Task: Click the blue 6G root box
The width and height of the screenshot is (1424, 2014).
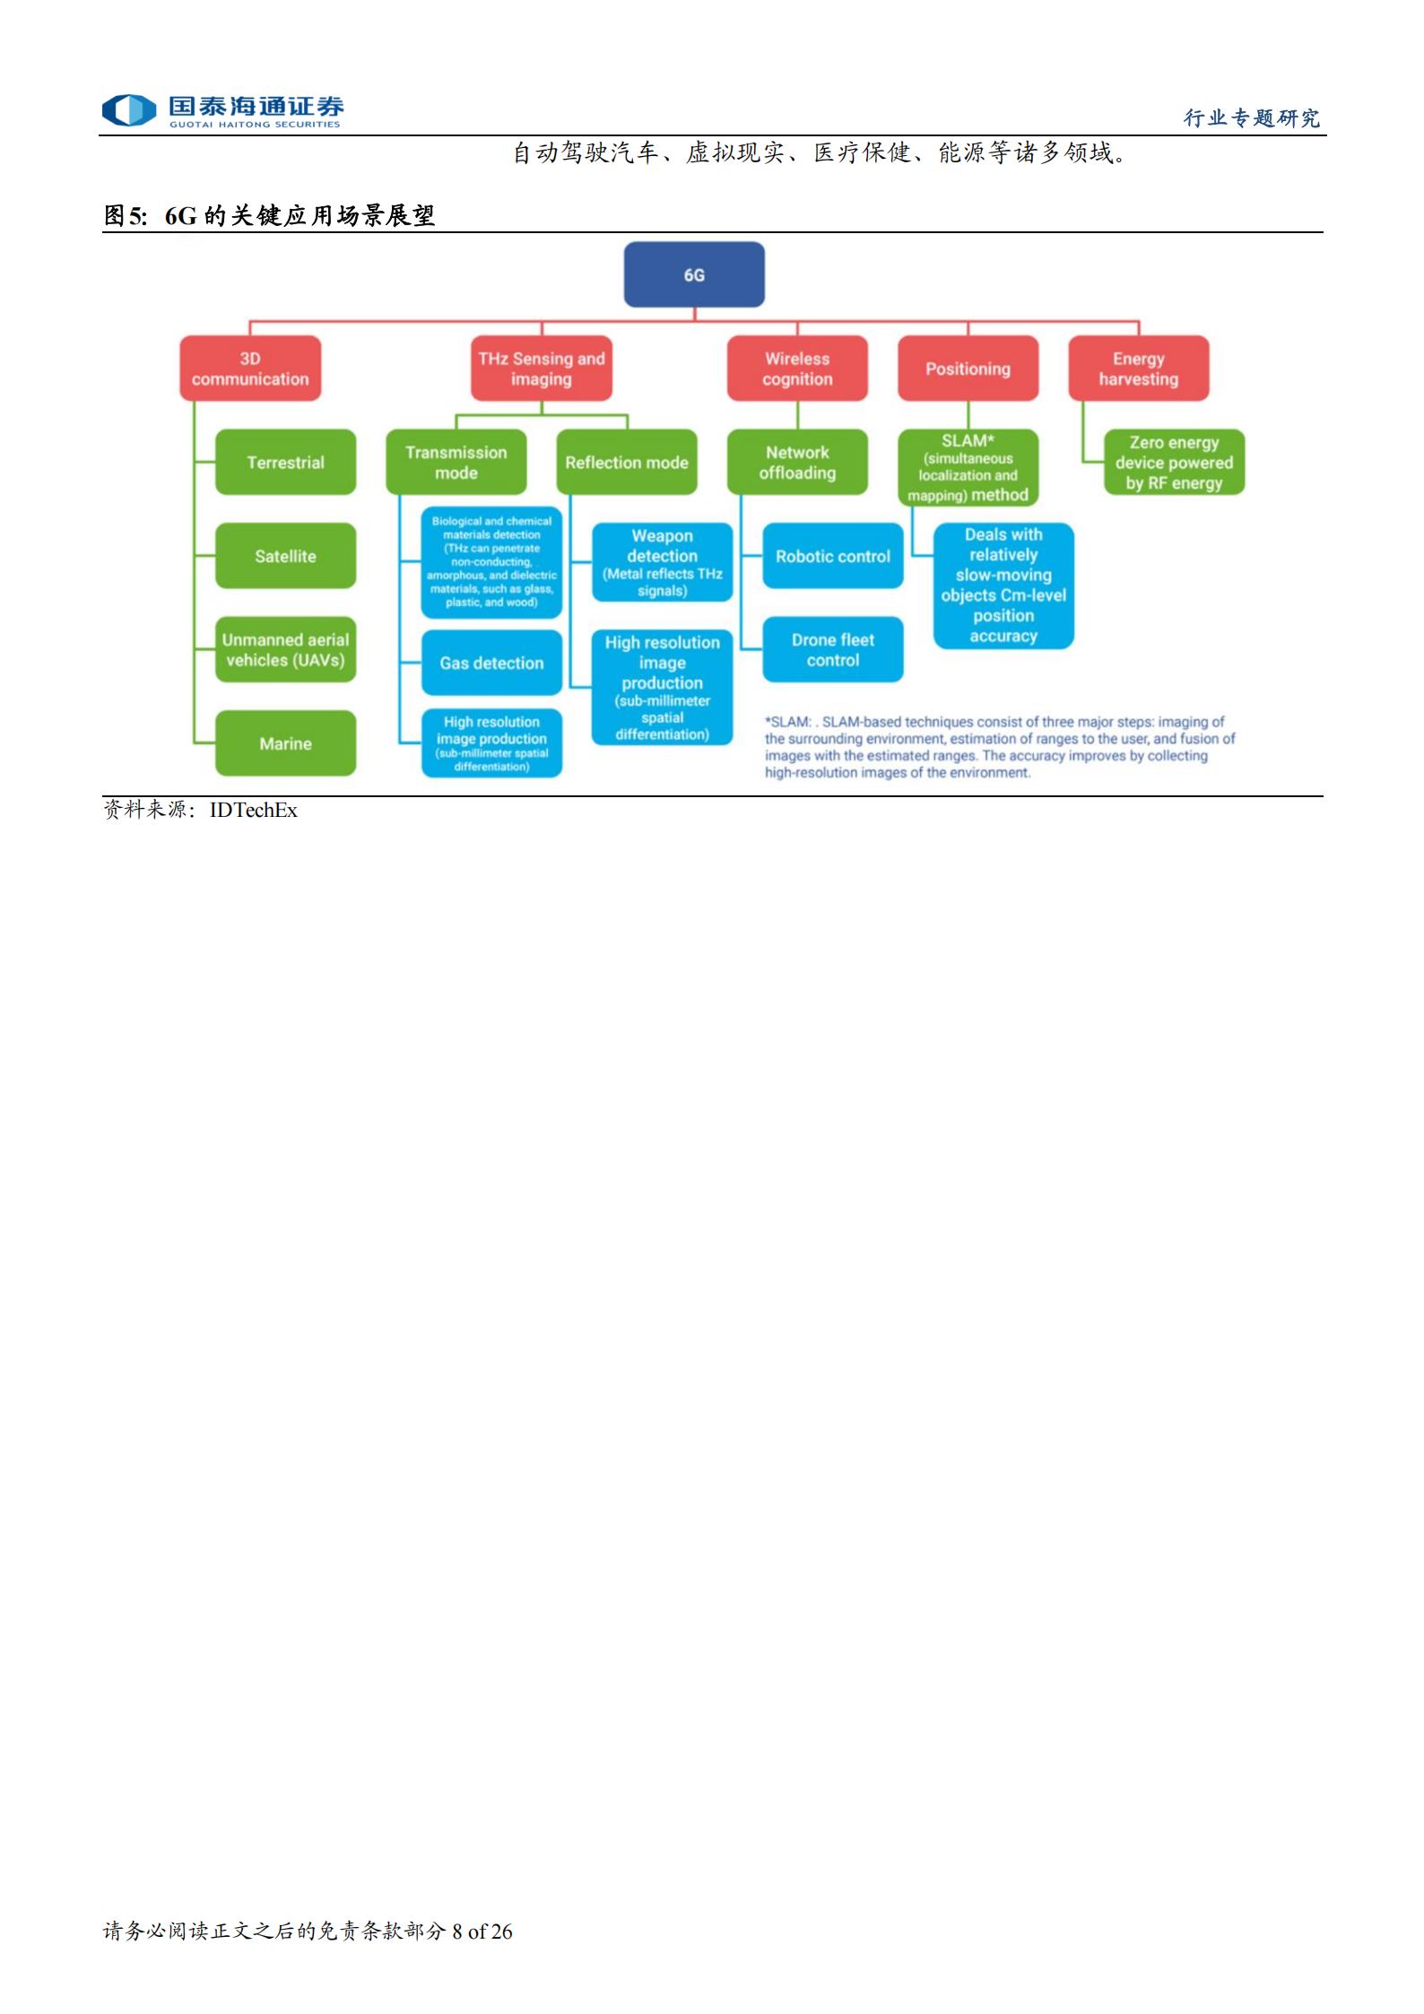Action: click(694, 274)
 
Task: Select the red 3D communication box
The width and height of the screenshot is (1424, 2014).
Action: click(250, 369)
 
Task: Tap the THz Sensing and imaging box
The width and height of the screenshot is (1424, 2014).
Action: click(542, 369)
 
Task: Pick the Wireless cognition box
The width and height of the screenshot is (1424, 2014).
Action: click(797, 369)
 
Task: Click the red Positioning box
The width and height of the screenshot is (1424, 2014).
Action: click(968, 369)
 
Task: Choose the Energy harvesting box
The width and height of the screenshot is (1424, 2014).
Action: click(1139, 369)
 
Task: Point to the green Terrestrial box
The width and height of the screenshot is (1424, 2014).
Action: click(285, 462)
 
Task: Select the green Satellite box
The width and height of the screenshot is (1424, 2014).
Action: click(285, 556)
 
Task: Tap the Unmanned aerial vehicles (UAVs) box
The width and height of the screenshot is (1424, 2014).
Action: click(285, 650)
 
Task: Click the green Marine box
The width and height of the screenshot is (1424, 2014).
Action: click(285, 743)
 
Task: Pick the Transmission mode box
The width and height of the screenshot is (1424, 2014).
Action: click(456, 462)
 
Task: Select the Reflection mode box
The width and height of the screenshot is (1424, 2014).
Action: click(627, 462)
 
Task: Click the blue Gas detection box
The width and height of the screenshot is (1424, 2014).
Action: click(491, 663)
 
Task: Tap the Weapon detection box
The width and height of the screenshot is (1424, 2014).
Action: click(663, 562)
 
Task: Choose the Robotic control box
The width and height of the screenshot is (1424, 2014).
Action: click(833, 556)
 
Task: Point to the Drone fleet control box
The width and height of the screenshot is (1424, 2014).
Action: click(833, 650)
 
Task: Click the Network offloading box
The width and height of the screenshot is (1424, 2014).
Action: click(797, 462)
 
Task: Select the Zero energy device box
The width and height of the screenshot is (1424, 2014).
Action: click(1174, 462)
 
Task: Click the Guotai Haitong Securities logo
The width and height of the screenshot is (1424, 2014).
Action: click(222, 111)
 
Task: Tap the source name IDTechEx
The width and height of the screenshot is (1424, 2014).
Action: click(254, 810)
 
